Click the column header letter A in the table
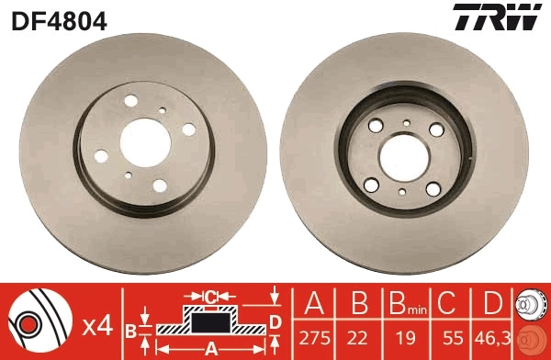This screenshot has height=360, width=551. (314, 303)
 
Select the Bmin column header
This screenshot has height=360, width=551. (405, 304)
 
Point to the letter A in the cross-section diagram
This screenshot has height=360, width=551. (211, 348)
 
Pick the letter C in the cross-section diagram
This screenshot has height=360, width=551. (209, 296)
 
